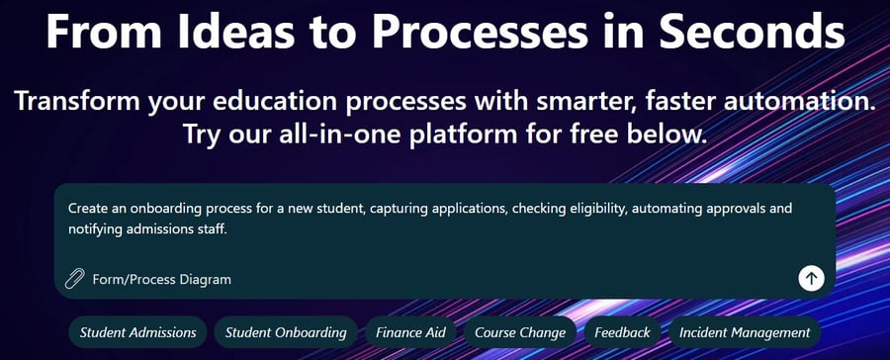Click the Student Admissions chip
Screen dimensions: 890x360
137,332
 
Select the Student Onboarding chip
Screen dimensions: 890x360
286,332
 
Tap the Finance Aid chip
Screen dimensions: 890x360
410,332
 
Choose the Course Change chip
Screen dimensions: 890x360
520,332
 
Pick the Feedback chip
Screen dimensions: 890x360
622,332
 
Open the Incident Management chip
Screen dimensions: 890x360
745,332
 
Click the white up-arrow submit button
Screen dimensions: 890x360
811,278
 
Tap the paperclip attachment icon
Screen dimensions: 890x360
74,279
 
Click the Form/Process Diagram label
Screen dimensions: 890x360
162,279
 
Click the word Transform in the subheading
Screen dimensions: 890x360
77,101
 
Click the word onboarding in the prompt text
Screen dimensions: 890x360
163,209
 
